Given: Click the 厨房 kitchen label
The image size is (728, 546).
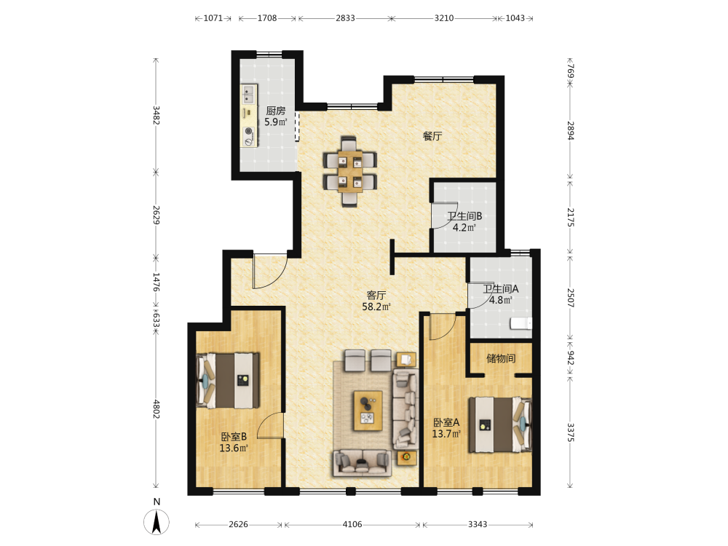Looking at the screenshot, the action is click(x=275, y=111).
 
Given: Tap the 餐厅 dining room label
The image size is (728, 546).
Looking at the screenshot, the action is click(x=432, y=136).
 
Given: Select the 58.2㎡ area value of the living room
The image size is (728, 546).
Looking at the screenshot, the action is click(x=376, y=307).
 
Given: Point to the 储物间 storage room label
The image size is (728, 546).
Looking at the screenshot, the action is click(x=501, y=358).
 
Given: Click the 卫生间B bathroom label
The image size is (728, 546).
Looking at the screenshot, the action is click(x=464, y=216).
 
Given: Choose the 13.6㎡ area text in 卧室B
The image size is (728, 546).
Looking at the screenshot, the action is click(x=234, y=448).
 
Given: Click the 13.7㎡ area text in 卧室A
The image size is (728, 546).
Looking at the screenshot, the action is click(x=446, y=434).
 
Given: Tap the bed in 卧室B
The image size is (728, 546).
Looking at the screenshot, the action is click(x=228, y=381).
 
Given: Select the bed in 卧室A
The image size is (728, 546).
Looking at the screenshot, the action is click(x=499, y=424).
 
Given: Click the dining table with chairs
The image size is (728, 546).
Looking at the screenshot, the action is click(x=350, y=171).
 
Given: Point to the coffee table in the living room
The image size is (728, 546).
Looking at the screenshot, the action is click(x=368, y=411).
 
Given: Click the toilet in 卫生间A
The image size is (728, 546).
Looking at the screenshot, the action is click(x=521, y=323).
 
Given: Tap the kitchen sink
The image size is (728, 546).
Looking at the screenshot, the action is click(x=248, y=94).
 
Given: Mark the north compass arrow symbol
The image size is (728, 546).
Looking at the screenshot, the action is click(x=157, y=522).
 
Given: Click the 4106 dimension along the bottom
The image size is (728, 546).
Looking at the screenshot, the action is click(x=352, y=524).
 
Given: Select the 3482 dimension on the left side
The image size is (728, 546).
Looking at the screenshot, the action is click(x=156, y=115).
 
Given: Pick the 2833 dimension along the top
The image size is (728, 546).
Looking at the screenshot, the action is click(x=345, y=18).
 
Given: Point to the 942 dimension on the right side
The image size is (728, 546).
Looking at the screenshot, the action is click(x=570, y=358).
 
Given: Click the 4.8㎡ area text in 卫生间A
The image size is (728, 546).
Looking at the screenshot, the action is click(x=501, y=301).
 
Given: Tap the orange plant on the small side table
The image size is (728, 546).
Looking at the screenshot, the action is click(x=406, y=457).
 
